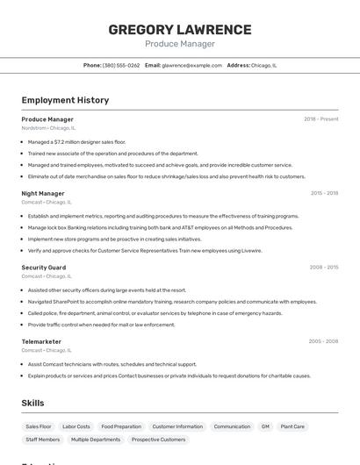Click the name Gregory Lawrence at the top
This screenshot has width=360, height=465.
click(x=179, y=30)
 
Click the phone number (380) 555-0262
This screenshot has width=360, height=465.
click(x=121, y=65)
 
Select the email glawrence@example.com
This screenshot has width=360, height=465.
click(x=191, y=65)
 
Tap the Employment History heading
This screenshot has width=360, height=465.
click(x=65, y=100)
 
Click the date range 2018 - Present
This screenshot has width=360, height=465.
click(x=321, y=119)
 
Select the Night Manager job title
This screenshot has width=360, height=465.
click(x=43, y=193)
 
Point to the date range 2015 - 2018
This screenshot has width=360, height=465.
click(x=324, y=193)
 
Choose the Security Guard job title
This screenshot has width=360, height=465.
click(x=44, y=267)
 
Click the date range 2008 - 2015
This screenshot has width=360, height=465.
click(x=324, y=267)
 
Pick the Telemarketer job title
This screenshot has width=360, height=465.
click(x=41, y=340)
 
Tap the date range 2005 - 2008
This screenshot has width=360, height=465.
click(x=323, y=340)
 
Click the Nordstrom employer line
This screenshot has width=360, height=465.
click(x=48, y=128)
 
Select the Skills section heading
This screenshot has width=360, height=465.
click(x=32, y=403)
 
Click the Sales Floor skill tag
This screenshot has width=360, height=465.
click(x=39, y=426)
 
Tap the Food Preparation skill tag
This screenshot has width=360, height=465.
click(x=121, y=426)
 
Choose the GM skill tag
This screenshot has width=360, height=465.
click(x=265, y=426)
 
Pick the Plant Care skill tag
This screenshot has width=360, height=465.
click(x=292, y=426)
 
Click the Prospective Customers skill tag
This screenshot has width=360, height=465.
click(x=159, y=440)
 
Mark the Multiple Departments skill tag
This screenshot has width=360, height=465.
click(x=96, y=440)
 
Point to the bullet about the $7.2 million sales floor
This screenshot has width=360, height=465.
click(x=76, y=141)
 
